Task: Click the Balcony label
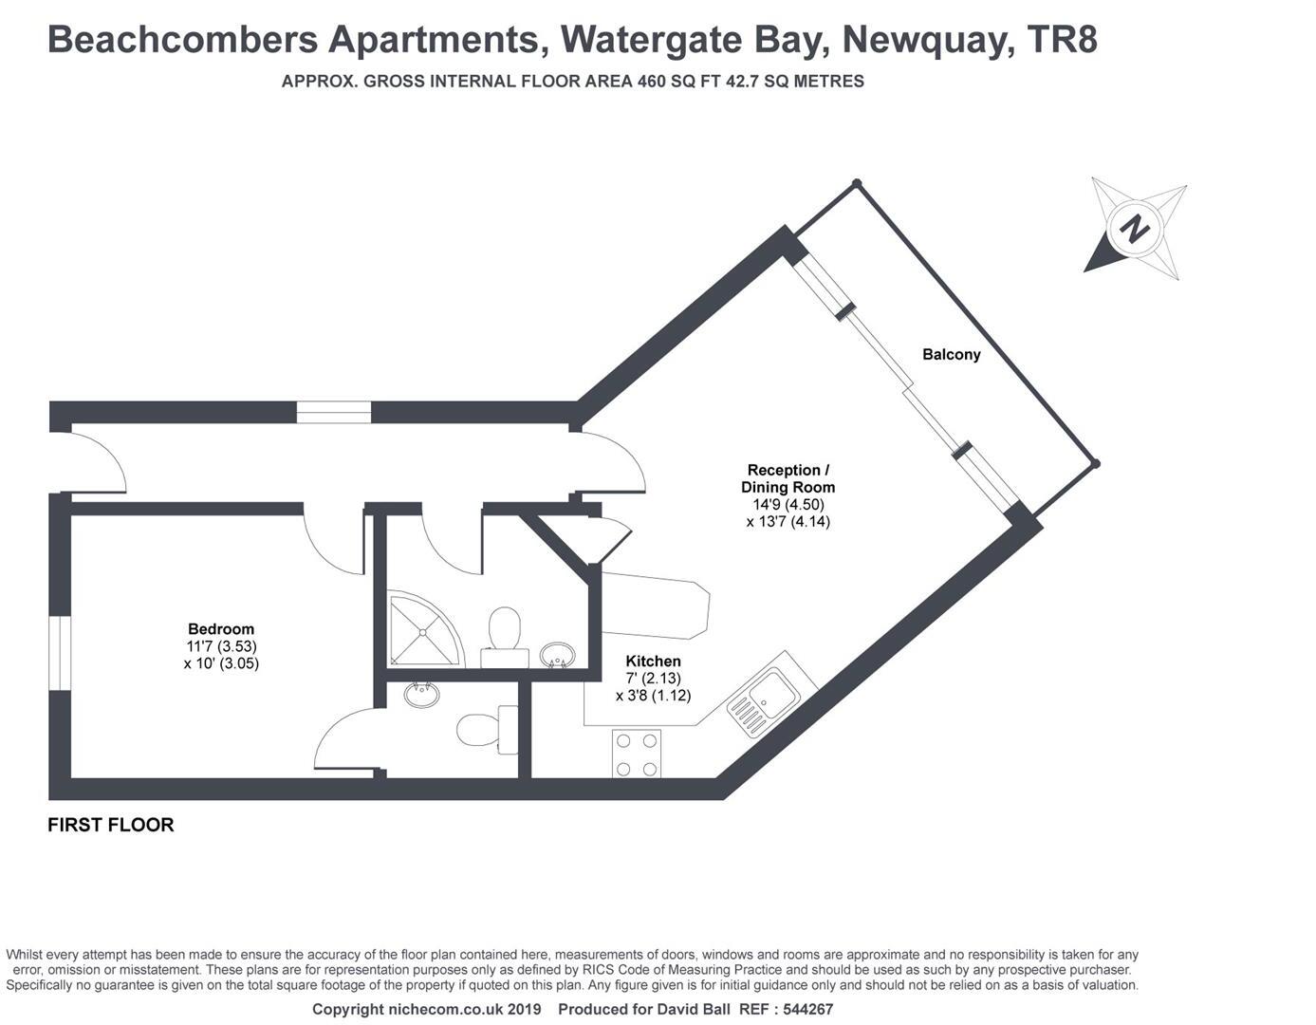point(951,355)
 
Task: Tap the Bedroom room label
point(221,629)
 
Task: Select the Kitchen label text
point(653,662)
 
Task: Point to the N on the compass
point(1133,229)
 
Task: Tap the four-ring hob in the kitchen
point(637,754)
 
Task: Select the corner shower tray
point(421,629)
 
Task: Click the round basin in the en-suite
point(421,695)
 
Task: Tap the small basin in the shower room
point(558,654)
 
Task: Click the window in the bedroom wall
point(60,653)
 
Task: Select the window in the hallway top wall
point(333,412)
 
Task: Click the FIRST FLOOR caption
point(111,825)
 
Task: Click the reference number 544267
point(803,1010)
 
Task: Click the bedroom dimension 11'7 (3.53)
point(221,646)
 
